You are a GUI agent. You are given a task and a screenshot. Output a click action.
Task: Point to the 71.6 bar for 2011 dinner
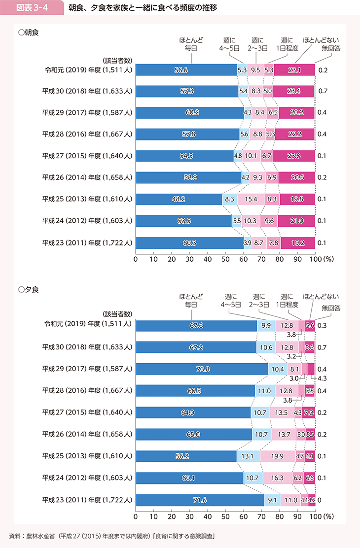pos(199,499)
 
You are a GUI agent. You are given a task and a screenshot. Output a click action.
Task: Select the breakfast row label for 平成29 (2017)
pos(86,113)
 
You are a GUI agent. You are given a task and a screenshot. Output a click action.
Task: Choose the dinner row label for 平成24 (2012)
pos(86,478)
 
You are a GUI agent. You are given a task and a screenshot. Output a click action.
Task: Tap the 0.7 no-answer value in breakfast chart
pos(324,92)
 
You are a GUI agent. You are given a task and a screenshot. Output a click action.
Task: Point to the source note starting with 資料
pos(111,536)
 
